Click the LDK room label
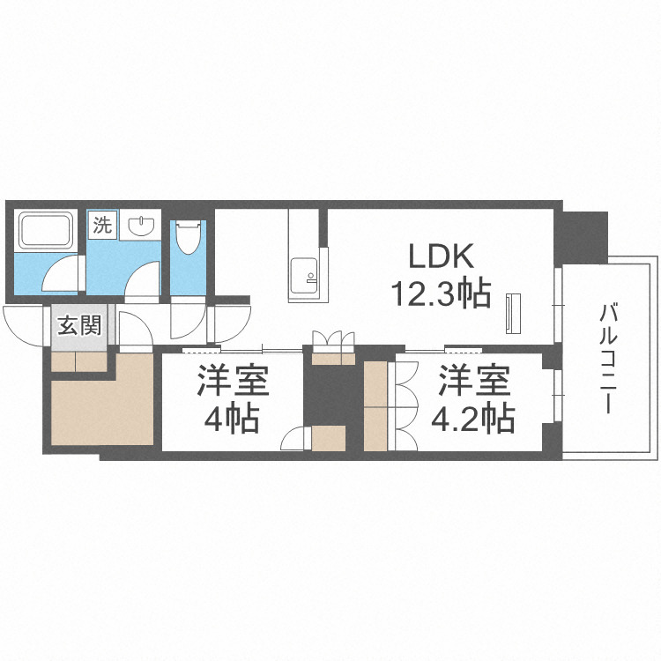[441, 257]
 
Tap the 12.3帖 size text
[441, 293]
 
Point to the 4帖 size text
[233, 419]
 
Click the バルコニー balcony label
[607, 359]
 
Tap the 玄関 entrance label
[78, 327]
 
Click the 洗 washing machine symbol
[103, 224]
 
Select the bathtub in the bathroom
[45, 232]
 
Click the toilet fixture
[186, 236]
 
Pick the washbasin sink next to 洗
[141, 227]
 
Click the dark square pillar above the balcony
[583, 236]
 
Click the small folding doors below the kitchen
[333, 340]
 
